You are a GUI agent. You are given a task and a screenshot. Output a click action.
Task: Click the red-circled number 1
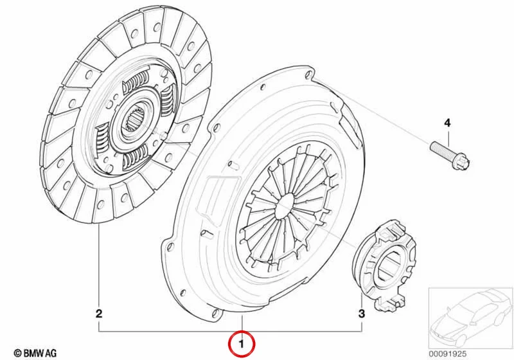[x=242, y=345]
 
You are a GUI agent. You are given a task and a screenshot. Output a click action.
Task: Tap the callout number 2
[x=99, y=314]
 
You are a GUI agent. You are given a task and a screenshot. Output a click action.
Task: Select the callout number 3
[x=361, y=314]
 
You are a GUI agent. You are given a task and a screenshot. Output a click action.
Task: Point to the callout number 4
[x=447, y=123]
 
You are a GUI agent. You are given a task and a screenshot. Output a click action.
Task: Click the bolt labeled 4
[x=450, y=156]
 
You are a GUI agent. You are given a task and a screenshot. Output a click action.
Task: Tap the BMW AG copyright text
[x=35, y=353]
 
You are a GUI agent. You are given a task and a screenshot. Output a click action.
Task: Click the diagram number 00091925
[x=447, y=354]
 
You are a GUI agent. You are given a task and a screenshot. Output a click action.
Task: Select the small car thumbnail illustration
[x=470, y=318]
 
